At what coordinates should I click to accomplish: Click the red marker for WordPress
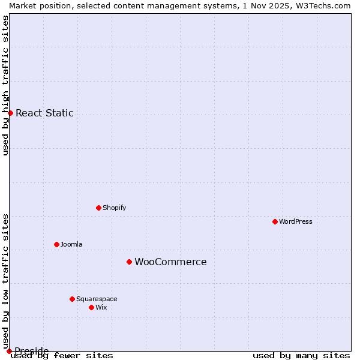[x=275, y=221]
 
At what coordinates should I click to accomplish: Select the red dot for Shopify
[x=98, y=208]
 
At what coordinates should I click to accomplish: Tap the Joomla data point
[x=56, y=244]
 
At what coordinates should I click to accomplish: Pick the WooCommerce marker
[x=129, y=262]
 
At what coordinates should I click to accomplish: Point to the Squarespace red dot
[x=72, y=299]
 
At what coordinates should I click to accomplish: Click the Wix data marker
[x=91, y=307]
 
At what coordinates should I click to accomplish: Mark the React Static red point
[x=10, y=113]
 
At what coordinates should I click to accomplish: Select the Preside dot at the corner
[x=9, y=351]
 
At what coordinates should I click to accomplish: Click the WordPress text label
[x=296, y=221]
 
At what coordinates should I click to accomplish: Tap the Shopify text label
[x=114, y=208]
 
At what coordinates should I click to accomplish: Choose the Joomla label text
[x=71, y=244]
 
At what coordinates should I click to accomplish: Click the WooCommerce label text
[x=170, y=262]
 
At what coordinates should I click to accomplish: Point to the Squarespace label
[x=97, y=299]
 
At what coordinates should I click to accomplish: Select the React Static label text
[x=44, y=113]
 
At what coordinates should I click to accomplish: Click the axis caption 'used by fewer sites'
[x=62, y=355]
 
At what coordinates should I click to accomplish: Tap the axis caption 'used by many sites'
[x=301, y=355]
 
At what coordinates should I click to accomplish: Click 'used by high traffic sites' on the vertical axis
[x=5, y=85]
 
